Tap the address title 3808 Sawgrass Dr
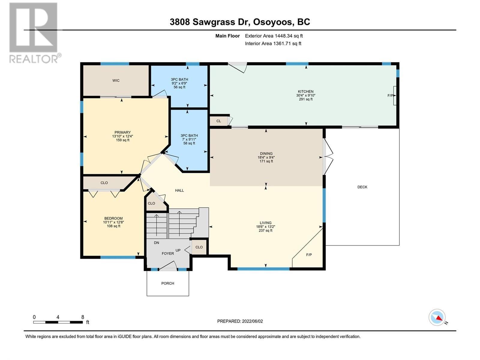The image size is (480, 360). tap(240, 22)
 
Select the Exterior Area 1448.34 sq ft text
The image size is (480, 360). tap(274, 36)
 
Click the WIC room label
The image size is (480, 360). tap(116, 80)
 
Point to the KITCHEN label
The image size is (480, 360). tap(305, 91)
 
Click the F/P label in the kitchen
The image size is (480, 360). tap(390, 95)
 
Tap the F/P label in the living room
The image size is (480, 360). tap(309, 255)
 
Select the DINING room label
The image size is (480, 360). tap(266, 154)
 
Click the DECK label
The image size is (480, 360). tap(362, 187)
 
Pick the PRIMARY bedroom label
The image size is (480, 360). tap(122, 132)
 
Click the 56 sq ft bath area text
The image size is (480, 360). tap(179, 87)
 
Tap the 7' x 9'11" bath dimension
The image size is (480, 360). tap(189, 139)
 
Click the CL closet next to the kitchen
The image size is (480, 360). tap(218, 121)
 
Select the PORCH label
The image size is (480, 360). tap(167, 283)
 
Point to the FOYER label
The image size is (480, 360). tap(168, 253)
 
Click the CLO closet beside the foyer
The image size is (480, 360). tap(199, 247)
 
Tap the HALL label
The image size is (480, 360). tap(179, 190)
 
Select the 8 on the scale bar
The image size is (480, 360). tap(82, 317)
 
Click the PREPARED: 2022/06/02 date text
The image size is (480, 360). tap(240, 321)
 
